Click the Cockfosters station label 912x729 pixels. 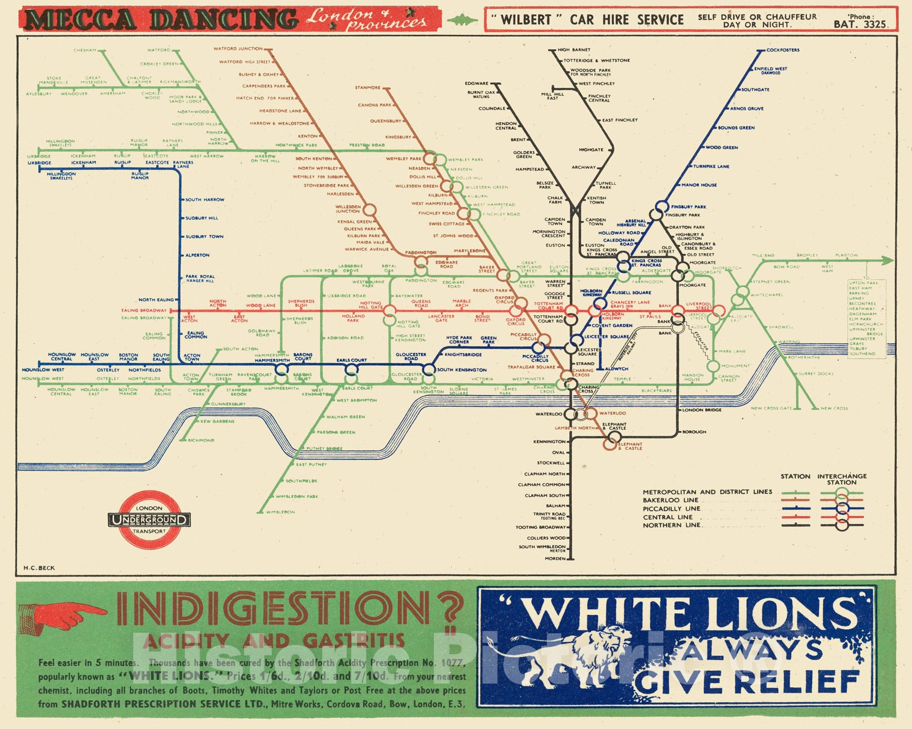click(783, 50)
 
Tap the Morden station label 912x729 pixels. click(555, 558)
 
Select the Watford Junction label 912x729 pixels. click(238, 49)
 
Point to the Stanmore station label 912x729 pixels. click(368, 88)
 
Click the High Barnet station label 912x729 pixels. click(574, 50)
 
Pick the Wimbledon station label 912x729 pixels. click(280, 512)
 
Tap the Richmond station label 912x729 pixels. click(201, 440)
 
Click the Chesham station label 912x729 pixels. click(85, 50)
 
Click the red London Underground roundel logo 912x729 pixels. click(149, 520)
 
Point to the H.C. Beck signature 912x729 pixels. click(39, 568)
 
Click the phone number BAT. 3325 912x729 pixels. click(860, 24)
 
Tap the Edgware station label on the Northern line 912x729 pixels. click(477, 84)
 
